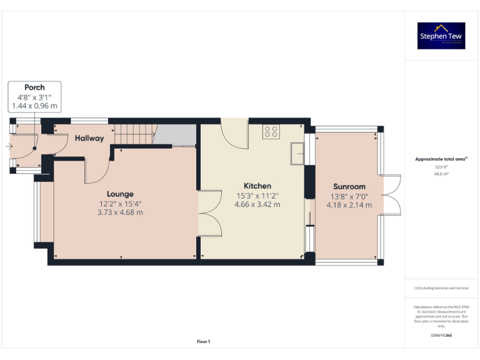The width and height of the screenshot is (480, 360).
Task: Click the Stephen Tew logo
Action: click(441, 36)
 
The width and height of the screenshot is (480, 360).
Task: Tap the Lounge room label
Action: click(120, 194)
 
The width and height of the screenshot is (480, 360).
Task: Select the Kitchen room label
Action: click(257, 186)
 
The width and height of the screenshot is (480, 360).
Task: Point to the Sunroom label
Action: click(349, 186)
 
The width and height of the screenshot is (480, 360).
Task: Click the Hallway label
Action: click(89, 138)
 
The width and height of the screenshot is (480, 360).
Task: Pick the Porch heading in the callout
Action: click(34, 87)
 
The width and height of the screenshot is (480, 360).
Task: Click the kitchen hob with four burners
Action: click(271, 131)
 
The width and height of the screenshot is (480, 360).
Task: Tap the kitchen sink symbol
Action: click(297, 151)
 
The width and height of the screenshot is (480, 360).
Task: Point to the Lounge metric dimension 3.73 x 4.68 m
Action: click(120, 212)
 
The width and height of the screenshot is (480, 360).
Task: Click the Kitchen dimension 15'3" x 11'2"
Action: click(257, 196)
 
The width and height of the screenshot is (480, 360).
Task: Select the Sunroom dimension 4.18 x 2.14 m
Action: click(349, 205)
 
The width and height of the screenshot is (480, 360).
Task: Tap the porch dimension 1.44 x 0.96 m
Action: click(34, 106)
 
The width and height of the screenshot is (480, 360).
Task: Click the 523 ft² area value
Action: click(441, 167)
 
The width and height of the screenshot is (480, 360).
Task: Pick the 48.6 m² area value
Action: click(441, 174)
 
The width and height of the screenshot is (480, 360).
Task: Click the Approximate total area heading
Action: click(441, 159)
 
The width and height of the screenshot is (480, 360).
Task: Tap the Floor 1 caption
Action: click(203, 341)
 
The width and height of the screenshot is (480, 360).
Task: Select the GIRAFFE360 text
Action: click(441, 336)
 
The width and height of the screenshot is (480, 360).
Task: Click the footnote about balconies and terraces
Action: click(441, 287)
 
